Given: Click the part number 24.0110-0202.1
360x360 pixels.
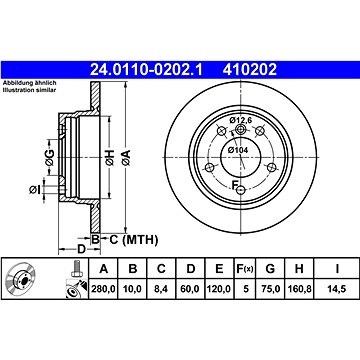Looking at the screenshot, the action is [146, 70].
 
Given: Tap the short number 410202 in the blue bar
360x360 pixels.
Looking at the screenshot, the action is [250, 70].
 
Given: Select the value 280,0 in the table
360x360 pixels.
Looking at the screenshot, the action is [104, 289].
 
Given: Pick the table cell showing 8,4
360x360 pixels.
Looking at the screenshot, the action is [161, 289].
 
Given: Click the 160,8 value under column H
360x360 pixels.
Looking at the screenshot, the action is [299, 289].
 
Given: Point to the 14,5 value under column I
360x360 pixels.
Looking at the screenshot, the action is [337, 289].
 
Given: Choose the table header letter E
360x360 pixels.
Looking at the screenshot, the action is [219, 268].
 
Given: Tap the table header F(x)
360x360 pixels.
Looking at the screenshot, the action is [245, 268].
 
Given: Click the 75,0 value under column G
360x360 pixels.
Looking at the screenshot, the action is [270, 289].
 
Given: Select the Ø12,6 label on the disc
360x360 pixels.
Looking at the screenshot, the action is [239, 121].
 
